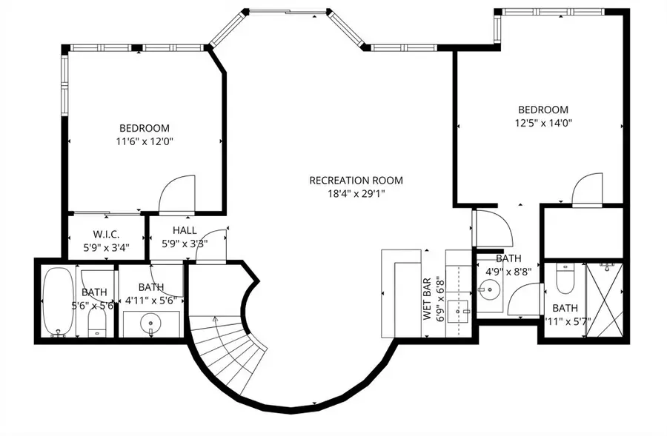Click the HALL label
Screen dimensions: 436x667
point(185,230)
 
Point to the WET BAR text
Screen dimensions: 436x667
point(428,298)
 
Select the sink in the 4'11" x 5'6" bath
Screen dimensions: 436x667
point(151,323)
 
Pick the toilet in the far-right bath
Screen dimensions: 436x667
point(564,279)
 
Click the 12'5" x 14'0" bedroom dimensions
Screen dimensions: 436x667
point(543,124)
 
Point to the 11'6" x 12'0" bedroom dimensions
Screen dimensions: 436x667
point(144,141)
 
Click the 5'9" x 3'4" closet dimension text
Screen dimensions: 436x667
point(107,247)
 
